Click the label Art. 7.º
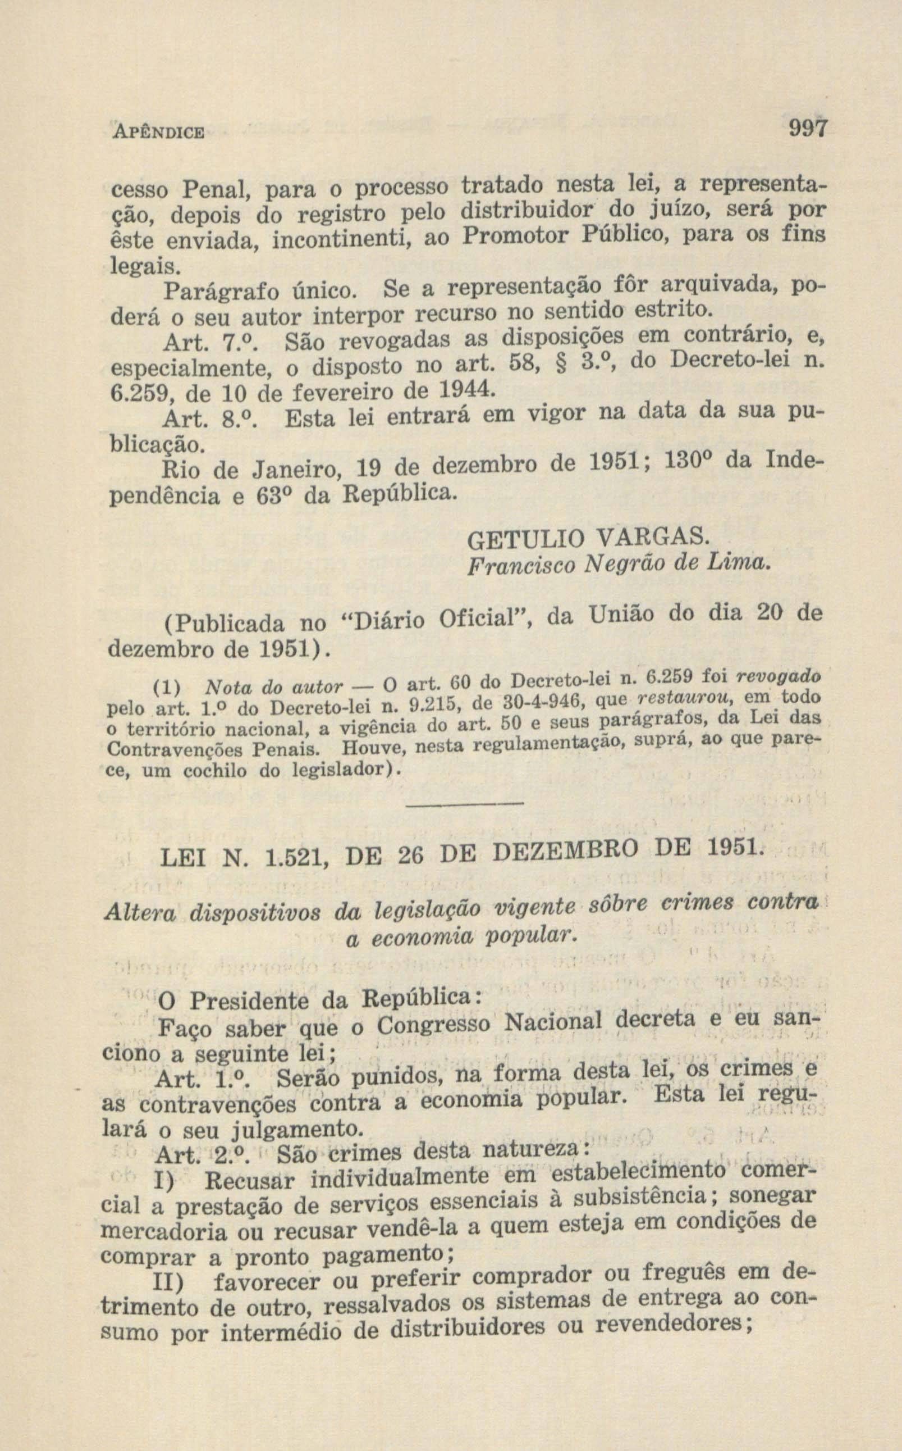tap(213, 343)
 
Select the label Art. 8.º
tap(213, 420)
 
